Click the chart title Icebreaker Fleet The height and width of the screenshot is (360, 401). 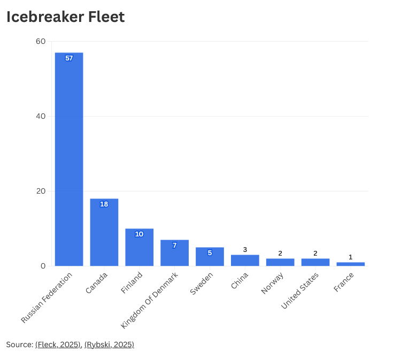click(65, 17)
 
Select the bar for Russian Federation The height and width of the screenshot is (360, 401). click(69, 160)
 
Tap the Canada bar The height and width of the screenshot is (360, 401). click(104, 233)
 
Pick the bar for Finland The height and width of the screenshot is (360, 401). click(139, 248)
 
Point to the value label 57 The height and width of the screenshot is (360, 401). click(69, 58)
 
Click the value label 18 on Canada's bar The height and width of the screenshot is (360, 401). click(104, 204)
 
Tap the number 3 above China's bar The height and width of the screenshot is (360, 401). click(245, 250)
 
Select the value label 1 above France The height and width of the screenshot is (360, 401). click(350, 257)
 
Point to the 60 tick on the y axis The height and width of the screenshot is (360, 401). click(41, 42)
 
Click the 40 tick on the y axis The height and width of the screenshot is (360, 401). click(41, 117)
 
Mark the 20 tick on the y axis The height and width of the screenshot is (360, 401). click(41, 192)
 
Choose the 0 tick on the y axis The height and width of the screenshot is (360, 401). click(43, 266)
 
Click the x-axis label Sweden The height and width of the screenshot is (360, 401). click(202, 284)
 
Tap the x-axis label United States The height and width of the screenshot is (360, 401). click(300, 290)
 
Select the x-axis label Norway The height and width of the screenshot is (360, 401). click(272, 283)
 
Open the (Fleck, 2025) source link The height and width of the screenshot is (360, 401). click(58, 344)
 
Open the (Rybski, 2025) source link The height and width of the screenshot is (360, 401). click(109, 344)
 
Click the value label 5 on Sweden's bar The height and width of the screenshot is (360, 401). click(210, 253)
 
